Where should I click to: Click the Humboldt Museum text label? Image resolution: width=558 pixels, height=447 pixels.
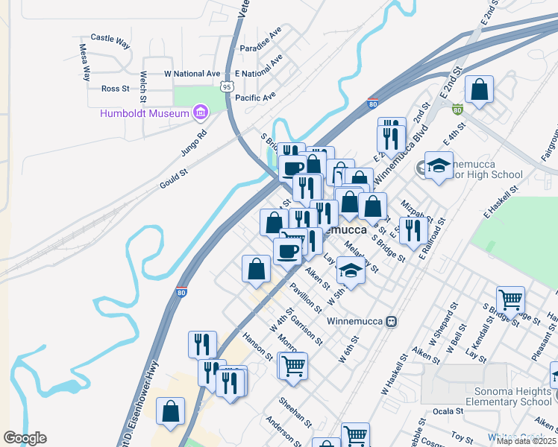[145, 113]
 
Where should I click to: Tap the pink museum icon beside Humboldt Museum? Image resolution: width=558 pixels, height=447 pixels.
[200, 113]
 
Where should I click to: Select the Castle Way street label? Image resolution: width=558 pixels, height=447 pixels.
[110, 37]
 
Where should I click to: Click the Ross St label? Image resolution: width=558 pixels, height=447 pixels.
[115, 89]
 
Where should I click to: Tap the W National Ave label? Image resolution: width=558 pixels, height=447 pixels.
[192, 74]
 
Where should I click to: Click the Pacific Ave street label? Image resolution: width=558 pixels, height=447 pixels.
[255, 97]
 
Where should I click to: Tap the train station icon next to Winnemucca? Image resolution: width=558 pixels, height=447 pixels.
[390, 321]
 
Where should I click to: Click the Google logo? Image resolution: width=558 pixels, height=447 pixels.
[25, 438]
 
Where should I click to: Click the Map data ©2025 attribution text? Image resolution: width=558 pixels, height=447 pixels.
[527, 441]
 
